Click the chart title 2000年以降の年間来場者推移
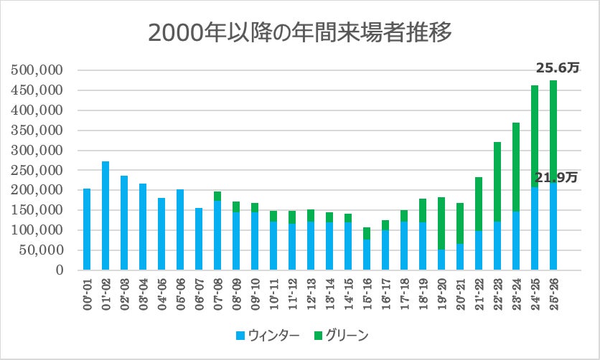(300, 33)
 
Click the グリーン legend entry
(342, 334)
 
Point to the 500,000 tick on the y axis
(39, 71)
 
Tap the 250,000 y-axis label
(39, 171)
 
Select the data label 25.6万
(557, 68)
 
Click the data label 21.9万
(557, 177)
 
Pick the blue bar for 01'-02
(106, 215)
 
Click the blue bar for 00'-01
(87, 229)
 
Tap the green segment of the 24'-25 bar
(535, 136)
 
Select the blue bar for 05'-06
(180, 229)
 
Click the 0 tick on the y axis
(60, 270)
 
